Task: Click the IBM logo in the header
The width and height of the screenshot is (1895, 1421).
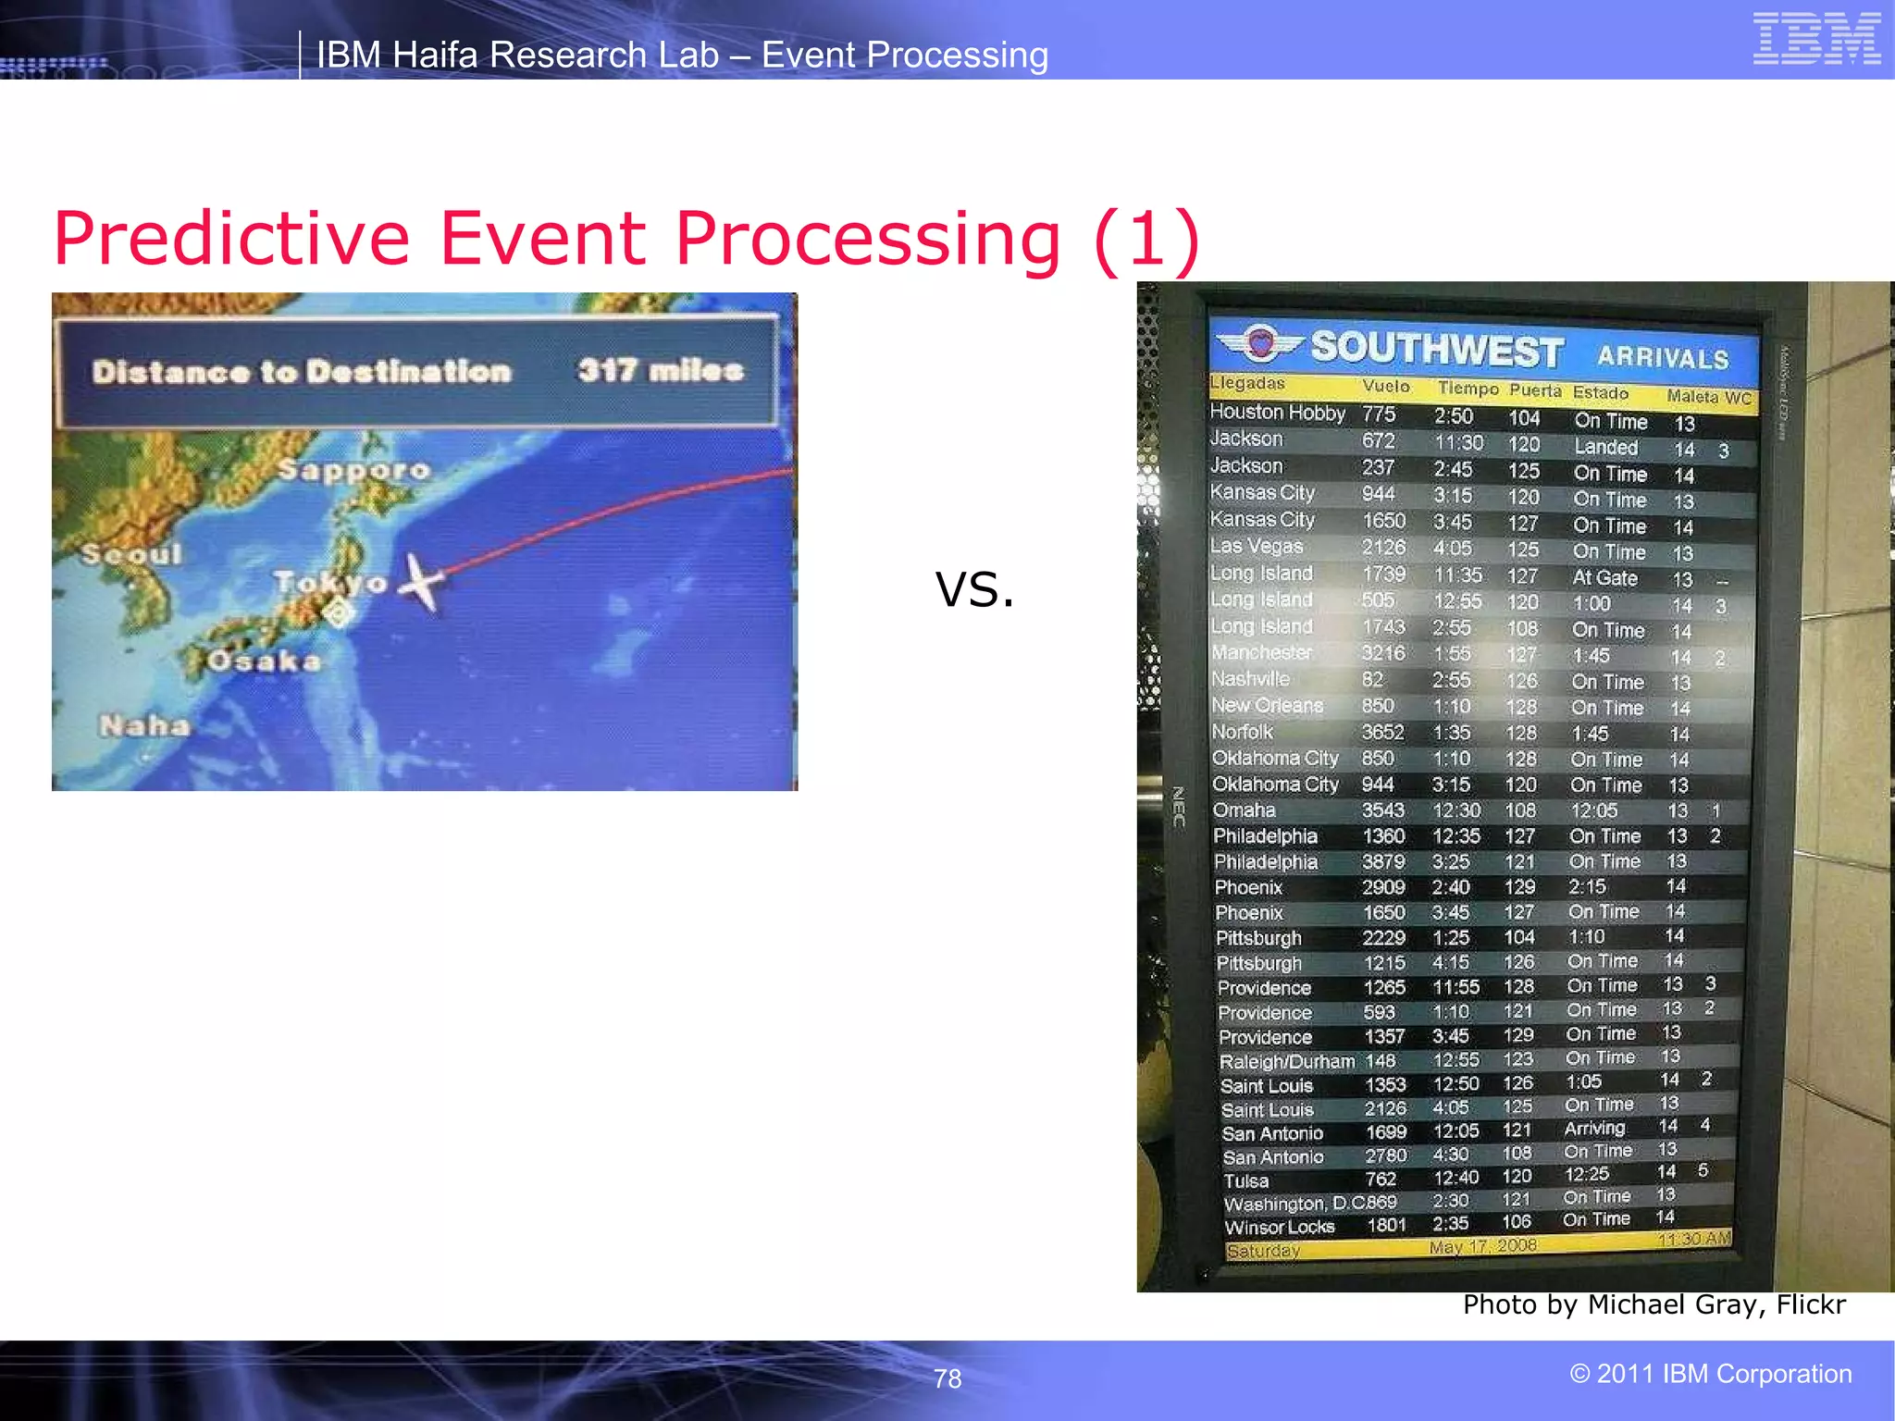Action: (x=1816, y=39)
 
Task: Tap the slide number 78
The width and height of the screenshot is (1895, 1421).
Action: (x=947, y=1378)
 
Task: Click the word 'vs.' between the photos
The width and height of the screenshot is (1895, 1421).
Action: (x=974, y=589)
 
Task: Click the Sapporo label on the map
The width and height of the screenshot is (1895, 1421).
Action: (x=354, y=470)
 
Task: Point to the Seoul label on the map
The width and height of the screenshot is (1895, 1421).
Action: (x=131, y=554)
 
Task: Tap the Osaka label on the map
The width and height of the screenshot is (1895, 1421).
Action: (x=264, y=661)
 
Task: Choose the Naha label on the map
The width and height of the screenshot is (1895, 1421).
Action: (x=145, y=725)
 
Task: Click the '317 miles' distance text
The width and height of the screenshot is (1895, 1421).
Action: (x=661, y=371)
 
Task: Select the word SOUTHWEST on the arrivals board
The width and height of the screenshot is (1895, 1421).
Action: (x=1436, y=349)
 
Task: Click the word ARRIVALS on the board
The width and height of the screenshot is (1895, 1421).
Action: (x=1662, y=357)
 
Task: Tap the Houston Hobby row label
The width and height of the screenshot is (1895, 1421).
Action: (x=1277, y=413)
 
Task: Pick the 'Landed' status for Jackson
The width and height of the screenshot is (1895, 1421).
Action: (x=1605, y=447)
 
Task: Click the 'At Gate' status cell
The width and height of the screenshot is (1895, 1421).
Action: (x=1604, y=578)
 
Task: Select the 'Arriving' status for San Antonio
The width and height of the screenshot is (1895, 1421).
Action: (x=1593, y=1128)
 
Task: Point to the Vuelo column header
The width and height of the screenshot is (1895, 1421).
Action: (x=1385, y=387)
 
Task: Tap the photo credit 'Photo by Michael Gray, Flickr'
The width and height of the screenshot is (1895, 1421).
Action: (x=1653, y=1304)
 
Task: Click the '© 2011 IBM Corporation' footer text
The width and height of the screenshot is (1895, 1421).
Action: (x=1710, y=1374)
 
